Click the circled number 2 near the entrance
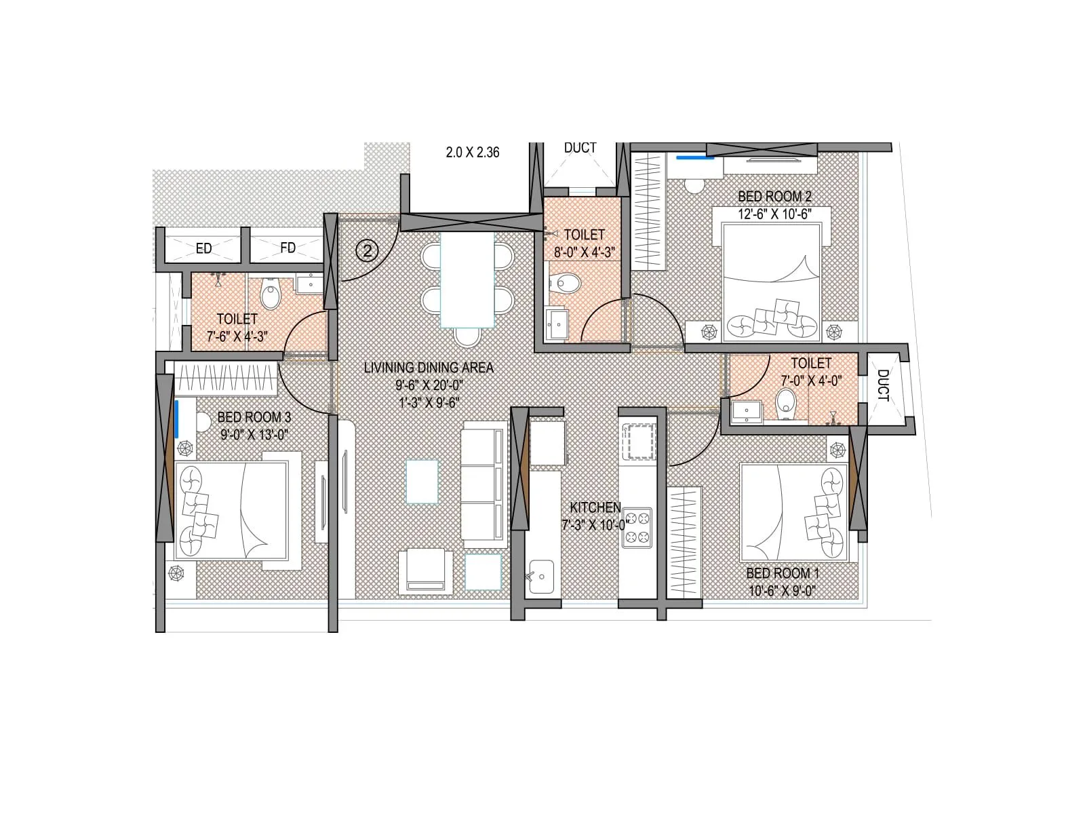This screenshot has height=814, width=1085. (x=367, y=252)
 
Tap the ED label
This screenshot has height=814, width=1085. (x=203, y=249)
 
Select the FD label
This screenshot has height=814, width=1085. (x=288, y=248)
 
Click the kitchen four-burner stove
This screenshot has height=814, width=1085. (x=636, y=527)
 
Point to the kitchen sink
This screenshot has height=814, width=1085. (x=540, y=577)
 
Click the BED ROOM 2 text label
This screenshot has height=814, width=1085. (x=774, y=197)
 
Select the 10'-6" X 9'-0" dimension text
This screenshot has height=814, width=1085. (x=781, y=591)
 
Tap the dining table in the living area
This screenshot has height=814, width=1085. (x=467, y=279)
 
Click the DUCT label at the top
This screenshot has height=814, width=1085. (x=580, y=148)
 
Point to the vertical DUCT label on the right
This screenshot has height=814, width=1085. (x=883, y=385)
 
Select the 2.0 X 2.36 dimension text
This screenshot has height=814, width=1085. (x=473, y=153)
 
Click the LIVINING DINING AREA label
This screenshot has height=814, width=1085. (x=429, y=368)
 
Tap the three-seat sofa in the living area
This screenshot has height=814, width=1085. (x=484, y=484)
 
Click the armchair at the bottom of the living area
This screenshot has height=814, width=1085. (x=425, y=571)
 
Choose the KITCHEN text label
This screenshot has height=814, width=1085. (x=595, y=507)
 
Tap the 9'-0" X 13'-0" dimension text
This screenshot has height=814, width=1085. (x=254, y=435)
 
